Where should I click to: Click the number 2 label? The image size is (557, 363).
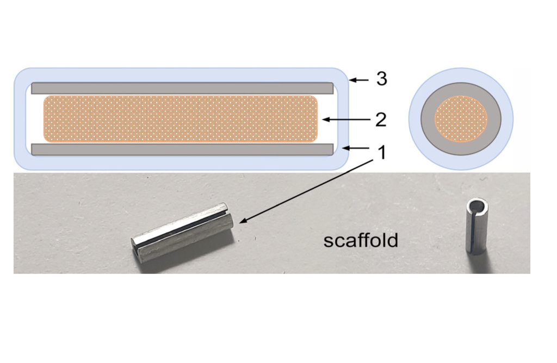click(381, 119)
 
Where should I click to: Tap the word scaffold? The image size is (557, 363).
click(361, 240)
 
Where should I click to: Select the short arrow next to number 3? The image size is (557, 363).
click(359, 80)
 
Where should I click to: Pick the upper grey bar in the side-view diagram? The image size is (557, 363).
click(182, 87)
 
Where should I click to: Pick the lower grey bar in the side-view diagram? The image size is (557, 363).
click(182, 149)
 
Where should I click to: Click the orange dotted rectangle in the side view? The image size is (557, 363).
click(180, 118)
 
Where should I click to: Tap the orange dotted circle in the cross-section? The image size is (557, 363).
click(460, 119)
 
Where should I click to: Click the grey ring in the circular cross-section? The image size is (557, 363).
click(460, 90)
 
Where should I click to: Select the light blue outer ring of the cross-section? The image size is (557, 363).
click(460, 75)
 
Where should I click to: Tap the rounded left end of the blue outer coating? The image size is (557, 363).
click(19, 118)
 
